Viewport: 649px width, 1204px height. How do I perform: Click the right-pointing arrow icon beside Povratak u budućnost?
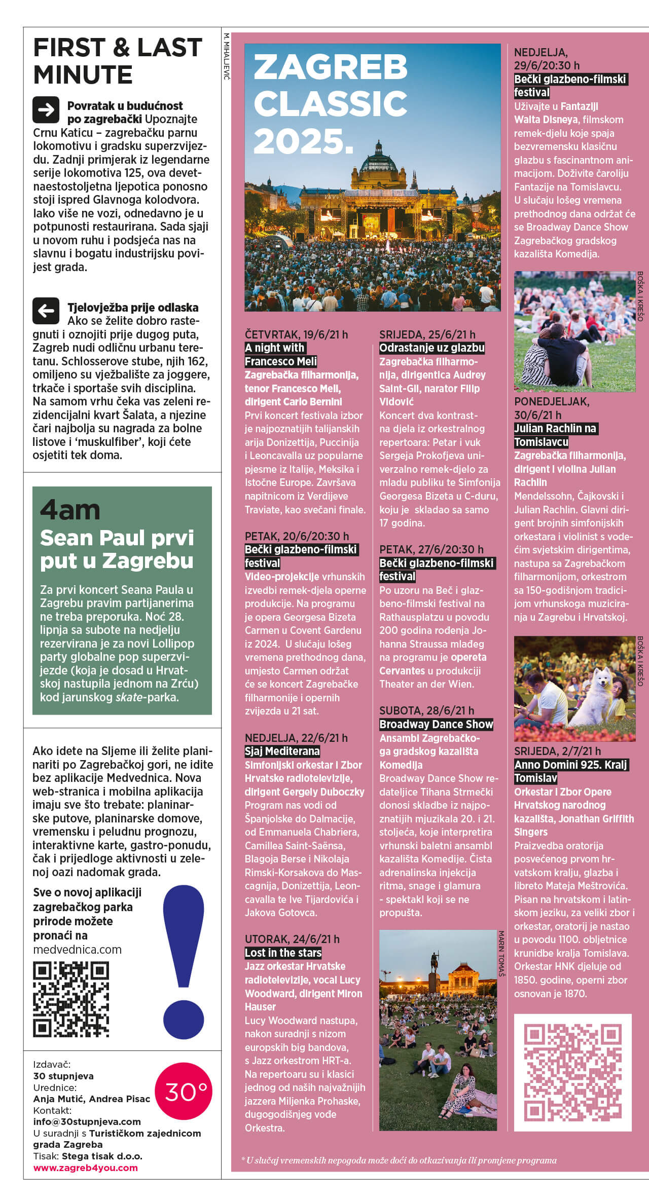46,109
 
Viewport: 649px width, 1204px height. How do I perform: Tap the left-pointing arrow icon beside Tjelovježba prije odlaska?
46,311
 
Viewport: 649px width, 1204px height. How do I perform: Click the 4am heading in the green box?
70,510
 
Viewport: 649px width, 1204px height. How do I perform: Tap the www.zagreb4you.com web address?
85,1168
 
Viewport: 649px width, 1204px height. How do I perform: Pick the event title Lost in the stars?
283,953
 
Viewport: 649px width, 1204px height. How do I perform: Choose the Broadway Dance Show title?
436,724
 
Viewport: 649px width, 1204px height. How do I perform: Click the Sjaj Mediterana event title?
282,751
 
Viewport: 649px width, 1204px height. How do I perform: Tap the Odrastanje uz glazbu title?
432,348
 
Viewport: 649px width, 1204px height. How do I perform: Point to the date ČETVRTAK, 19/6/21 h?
296,334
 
